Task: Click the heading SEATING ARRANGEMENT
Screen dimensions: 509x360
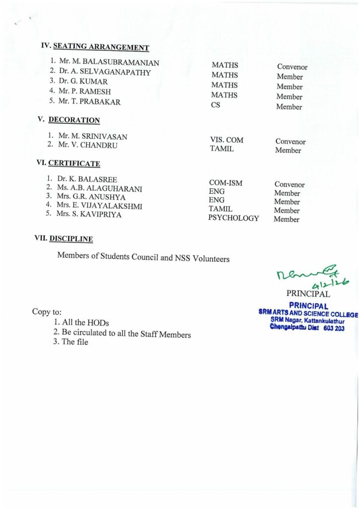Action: pyautogui.click(x=101, y=47)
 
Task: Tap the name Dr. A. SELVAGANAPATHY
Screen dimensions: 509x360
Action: pyautogui.click(x=104, y=72)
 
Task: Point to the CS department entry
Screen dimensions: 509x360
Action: pyautogui.click(x=216, y=105)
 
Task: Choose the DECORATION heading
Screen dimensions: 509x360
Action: pyautogui.click(x=74, y=120)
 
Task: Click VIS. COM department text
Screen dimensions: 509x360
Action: pyautogui.click(x=227, y=141)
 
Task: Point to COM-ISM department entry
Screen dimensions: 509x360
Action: pyautogui.click(x=226, y=183)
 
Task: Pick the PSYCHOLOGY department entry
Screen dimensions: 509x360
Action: pyautogui.click(x=233, y=218)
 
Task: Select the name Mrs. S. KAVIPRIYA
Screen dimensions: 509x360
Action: pyautogui.click(x=89, y=215)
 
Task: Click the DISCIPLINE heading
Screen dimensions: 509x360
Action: pyautogui.click(x=71, y=239)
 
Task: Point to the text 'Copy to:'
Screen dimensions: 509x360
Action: pyautogui.click(x=47, y=312)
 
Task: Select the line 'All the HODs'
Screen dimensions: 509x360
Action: pyautogui.click(x=85, y=323)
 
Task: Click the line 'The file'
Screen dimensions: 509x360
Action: pyautogui.click(x=75, y=342)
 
